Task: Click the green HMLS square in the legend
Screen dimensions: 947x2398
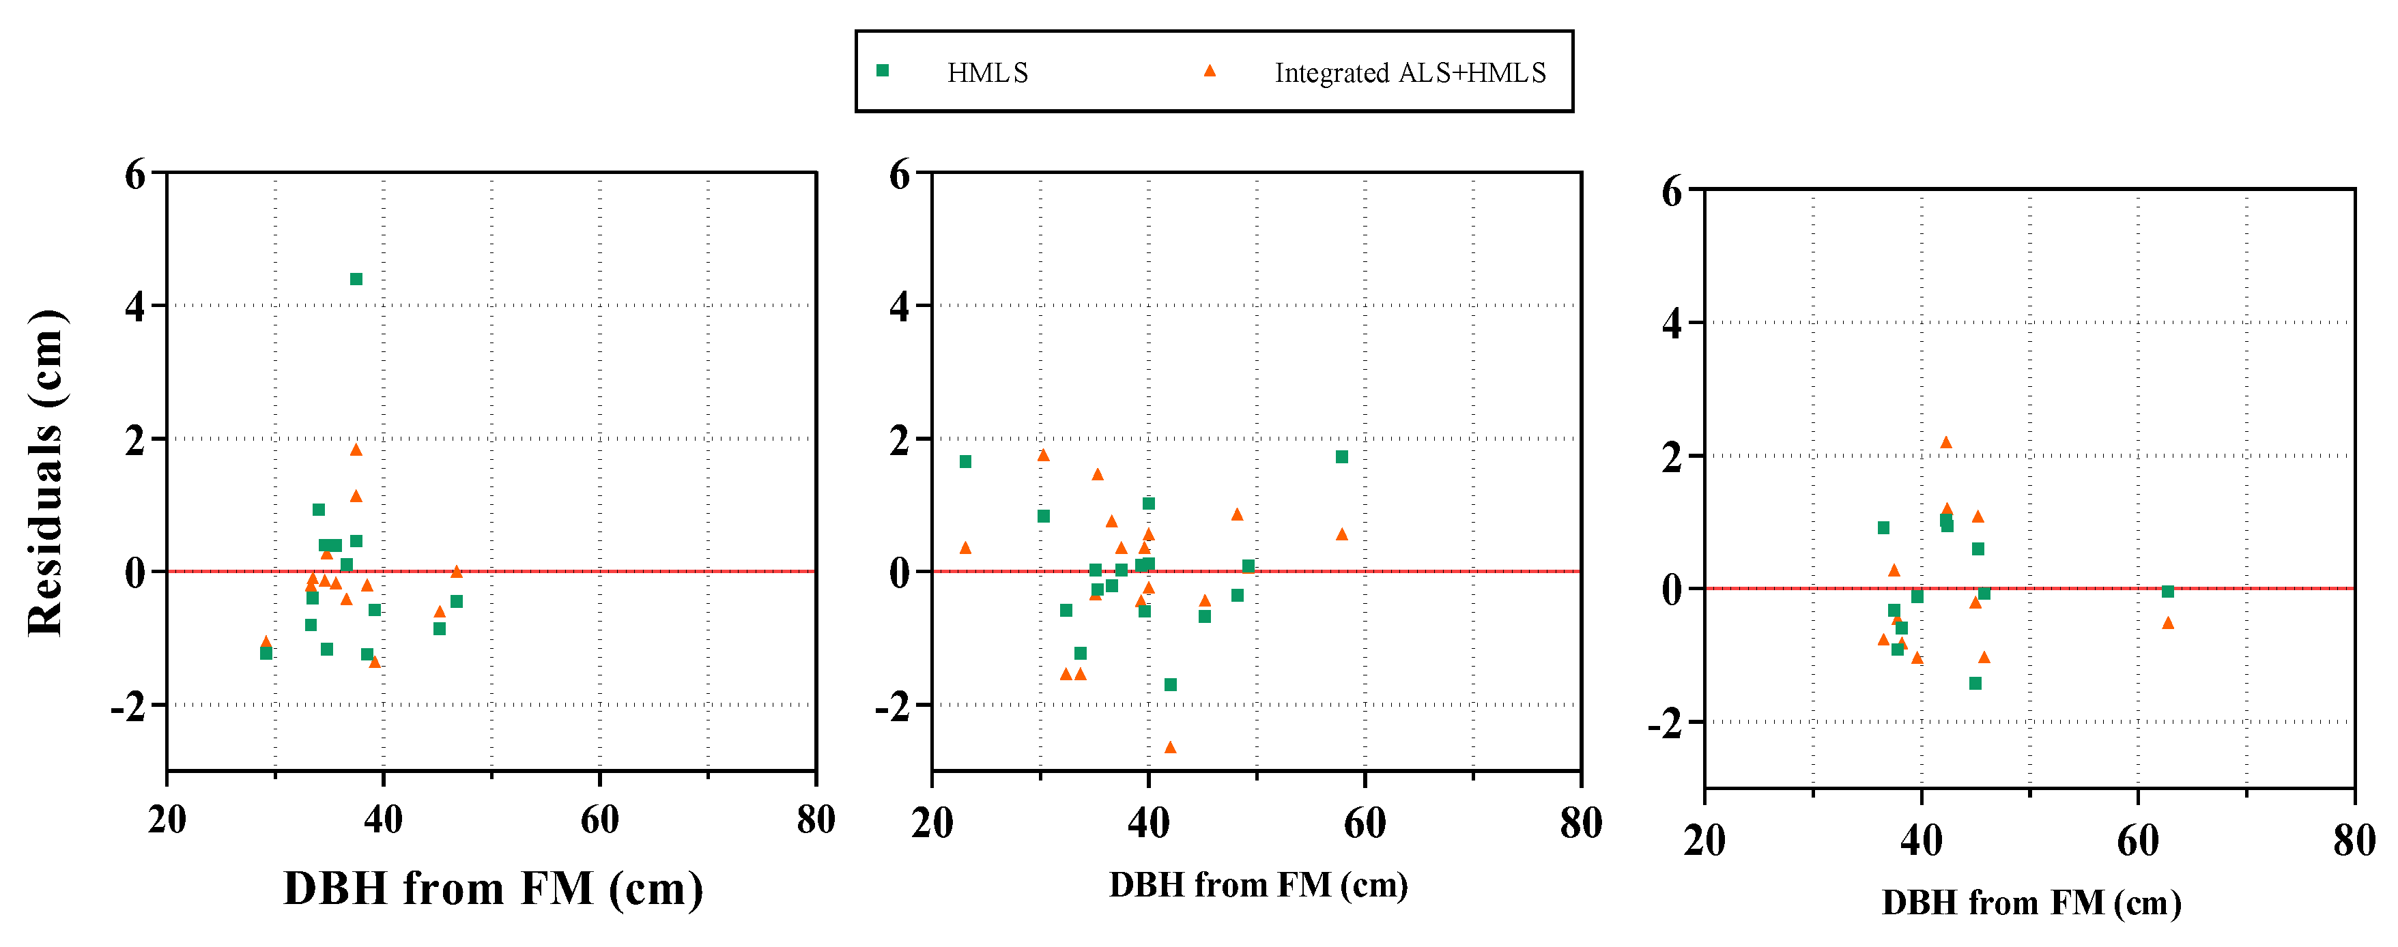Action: point(883,71)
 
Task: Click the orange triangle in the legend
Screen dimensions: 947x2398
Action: point(1210,71)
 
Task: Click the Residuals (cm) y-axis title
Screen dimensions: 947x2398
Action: point(44,473)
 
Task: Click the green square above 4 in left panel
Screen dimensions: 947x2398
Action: point(356,279)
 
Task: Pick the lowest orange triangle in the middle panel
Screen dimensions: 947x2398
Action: point(1170,747)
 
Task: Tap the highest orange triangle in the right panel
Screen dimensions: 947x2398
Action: point(1945,442)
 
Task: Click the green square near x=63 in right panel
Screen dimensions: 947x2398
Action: point(2167,592)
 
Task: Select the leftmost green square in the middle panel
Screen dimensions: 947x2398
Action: point(965,461)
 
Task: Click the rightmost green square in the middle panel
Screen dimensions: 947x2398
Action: point(1341,456)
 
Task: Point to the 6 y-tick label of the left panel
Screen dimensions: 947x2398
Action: point(136,174)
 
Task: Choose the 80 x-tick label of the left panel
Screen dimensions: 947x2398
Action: point(816,819)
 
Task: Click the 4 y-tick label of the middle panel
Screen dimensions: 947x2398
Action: point(898,307)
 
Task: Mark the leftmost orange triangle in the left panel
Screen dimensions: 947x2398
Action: point(266,641)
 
